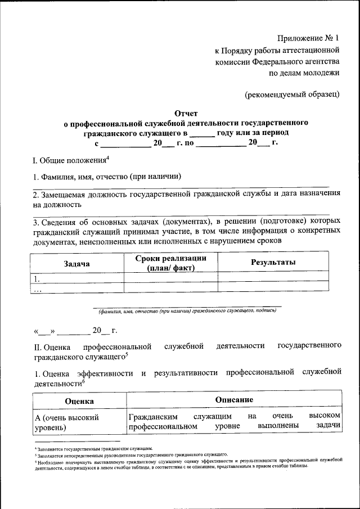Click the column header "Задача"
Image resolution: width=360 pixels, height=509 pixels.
77,263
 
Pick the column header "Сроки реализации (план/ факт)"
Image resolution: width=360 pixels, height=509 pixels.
170,263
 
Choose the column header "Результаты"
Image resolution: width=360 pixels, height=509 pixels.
273,263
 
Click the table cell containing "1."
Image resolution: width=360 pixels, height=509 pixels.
77,278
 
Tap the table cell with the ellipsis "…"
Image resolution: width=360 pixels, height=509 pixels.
77,288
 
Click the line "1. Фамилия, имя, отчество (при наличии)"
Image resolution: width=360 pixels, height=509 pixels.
107,177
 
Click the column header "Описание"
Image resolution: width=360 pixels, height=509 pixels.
233,400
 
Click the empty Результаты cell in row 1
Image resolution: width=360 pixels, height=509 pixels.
273,278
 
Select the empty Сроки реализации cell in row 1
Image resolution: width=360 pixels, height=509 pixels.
170,278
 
